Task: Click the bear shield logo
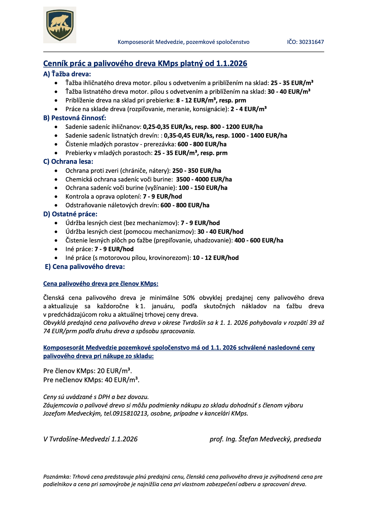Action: pos(60,25)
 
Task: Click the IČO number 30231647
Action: pos(311,42)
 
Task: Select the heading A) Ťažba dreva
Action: pos(67,74)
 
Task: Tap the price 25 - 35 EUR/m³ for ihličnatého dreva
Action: pos(292,83)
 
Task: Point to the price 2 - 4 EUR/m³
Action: pos(249,109)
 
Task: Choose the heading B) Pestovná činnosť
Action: pos(75,118)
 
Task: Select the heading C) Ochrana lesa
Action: pos(68,162)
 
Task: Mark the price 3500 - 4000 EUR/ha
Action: pos(204,179)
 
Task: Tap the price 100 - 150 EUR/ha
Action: pos(203,188)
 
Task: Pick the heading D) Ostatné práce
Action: pos(70,214)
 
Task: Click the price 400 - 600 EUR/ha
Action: pos(259,240)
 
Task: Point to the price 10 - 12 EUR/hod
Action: pos(216,258)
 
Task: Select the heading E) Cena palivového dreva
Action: pos(85,267)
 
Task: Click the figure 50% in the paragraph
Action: pos(189,298)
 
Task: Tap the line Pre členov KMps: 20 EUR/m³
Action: pos(87,371)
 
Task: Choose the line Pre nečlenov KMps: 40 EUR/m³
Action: pos(91,380)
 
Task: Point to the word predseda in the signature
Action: pos(307,439)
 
